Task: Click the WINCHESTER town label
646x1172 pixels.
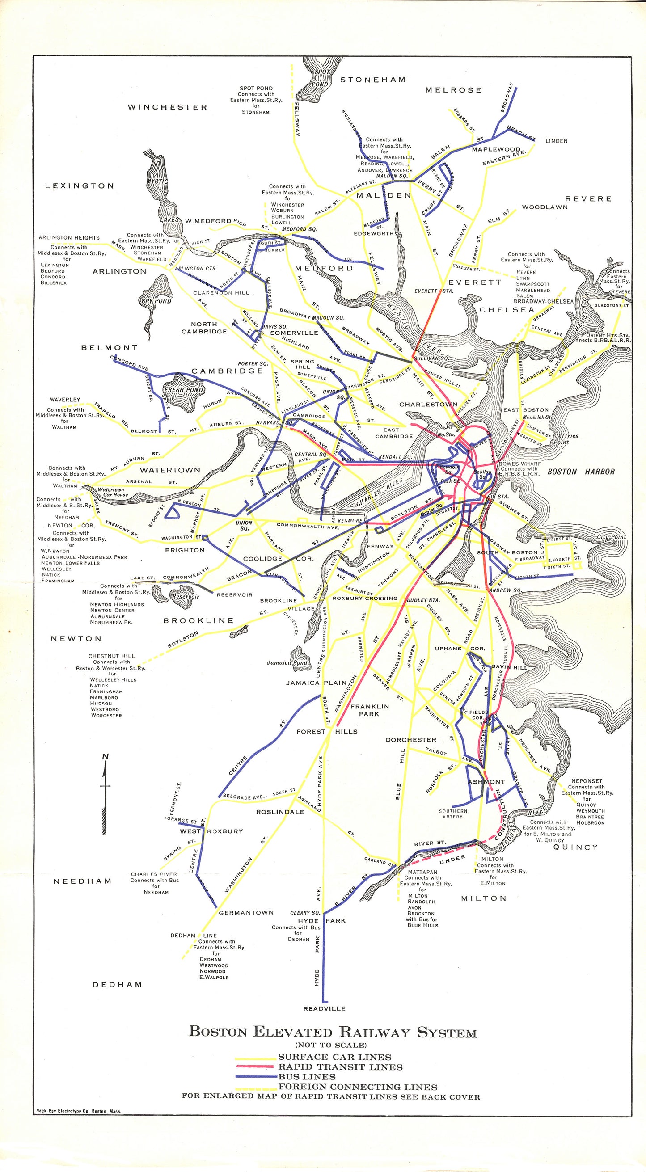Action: [x=167, y=107]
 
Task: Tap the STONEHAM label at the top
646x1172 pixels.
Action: [x=373, y=80]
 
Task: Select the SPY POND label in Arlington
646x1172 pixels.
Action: [x=156, y=301]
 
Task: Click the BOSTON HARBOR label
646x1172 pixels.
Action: [x=580, y=472]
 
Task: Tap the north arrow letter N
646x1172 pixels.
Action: [x=106, y=757]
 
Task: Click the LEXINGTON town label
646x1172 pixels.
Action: [x=80, y=185]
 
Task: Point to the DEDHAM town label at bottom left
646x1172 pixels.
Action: [x=117, y=985]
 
